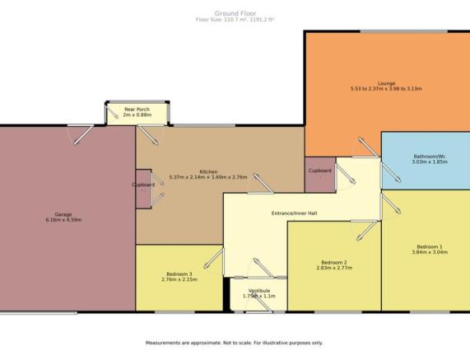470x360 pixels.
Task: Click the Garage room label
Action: pos(63,214)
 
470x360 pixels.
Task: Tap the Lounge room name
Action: pos(386,83)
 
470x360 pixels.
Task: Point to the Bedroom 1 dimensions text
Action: pos(430,252)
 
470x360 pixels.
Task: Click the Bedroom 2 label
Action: pos(334,262)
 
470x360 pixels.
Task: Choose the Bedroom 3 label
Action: pos(179,274)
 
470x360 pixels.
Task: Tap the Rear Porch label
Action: pos(137,110)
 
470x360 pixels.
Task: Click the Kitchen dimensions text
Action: pos(208,177)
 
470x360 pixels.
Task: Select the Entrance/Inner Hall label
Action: pos(294,213)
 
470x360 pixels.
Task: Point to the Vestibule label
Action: pos(259,291)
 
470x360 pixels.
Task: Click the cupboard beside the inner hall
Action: pos(320,175)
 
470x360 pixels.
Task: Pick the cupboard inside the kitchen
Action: pos(143,189)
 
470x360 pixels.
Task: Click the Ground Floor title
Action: pos(235,13)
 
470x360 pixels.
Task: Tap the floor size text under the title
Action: pos(235,20)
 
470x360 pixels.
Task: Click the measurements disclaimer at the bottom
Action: pos(234,343)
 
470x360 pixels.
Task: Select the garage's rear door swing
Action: pos(81,134)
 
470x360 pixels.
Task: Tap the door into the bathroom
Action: pos(390,172)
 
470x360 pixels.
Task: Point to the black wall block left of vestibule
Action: pos(226,295)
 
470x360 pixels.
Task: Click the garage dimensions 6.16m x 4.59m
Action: pos(63,220)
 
